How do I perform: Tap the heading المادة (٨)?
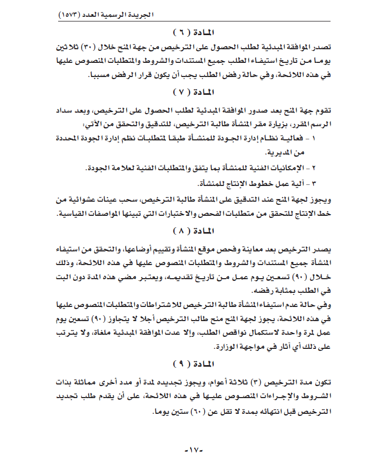click(x=192, y=230)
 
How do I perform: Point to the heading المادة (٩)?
click(x=192, y=363)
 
